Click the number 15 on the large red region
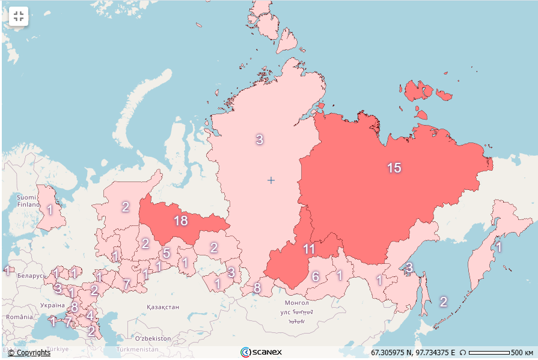tap(394, 168)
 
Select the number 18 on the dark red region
tap(181, 221)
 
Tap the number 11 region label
tap(309, 249)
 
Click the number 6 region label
tap(315, 276)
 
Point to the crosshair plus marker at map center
tap(271, 180)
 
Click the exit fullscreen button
tap(19, 16)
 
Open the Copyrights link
tap(29, 353)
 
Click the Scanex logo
tap(261, 352)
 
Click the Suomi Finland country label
tap(26, 201)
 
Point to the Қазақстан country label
tap(162, 307)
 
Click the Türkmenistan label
tap(138, 349)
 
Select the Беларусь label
tap(31, 276)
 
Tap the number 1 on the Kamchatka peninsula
tap(498, 246)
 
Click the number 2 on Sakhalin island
tap(443, 302)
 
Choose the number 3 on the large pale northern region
tap(259, 139)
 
